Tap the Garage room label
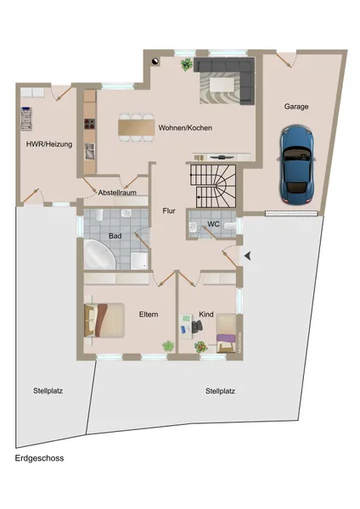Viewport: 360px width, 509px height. coord(295,107)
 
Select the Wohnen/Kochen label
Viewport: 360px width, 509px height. coord(184,128)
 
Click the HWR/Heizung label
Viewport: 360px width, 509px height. coord(48,144)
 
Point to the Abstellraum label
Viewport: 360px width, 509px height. coord(117,193)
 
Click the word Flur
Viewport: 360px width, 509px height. coord(169,210)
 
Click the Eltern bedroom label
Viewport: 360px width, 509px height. coord(149,315)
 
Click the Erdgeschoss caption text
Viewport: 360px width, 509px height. coord(39,458)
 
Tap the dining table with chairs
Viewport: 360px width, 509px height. coord(136,127)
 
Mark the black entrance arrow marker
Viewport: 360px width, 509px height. coord(248,255)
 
